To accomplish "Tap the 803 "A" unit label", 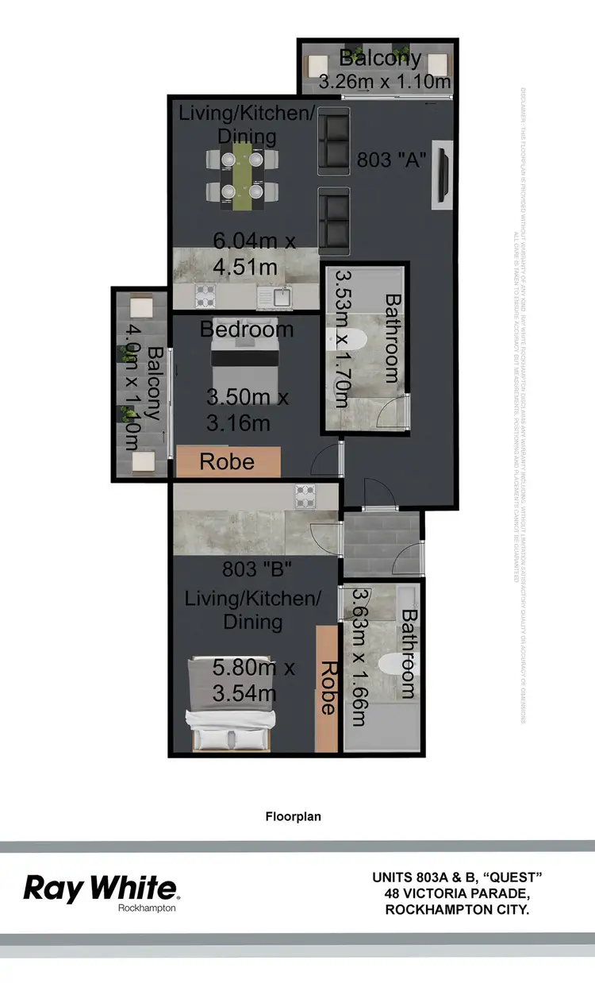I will (x=392, y=160).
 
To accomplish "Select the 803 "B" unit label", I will (x=257, y=569).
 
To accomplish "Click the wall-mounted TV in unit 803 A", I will (x=442, y=175).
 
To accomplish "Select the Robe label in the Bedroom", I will (x=228, y=461).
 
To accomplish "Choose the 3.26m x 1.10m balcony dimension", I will (x=385, y=81).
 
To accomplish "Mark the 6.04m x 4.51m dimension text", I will (x=246, y=253).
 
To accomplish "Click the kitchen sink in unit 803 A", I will (x=280, y=296).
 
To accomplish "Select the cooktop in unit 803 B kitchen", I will (x=306, y=496).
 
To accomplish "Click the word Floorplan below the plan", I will (x=294, y=815).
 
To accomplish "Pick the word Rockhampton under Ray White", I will (x=147, y=908).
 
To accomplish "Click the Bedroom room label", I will (x=247, y=329).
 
